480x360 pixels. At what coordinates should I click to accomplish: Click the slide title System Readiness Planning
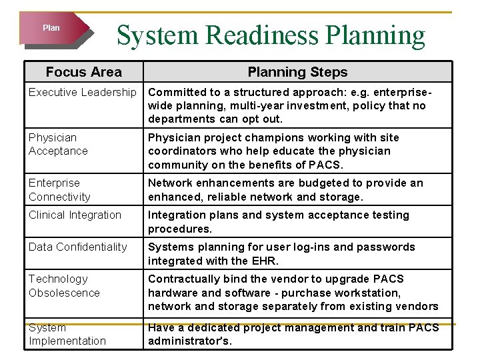[x=271, y=36]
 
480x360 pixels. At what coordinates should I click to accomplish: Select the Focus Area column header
[x=83, y=72]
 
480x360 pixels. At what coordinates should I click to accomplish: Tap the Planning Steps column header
[x=297, y=72]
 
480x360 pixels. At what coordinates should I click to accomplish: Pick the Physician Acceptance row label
[x=59, y=144]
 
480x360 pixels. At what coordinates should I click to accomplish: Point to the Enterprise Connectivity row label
[x=59, y=189]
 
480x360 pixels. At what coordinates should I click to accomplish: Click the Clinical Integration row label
[x=75, y=215]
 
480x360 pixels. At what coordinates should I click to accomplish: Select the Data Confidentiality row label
[x=77, y=247]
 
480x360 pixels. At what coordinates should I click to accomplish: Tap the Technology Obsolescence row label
[x=64, y=285]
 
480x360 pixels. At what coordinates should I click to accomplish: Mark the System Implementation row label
[x=67, y=334]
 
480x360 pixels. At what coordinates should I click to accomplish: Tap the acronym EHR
[x=265, y=261]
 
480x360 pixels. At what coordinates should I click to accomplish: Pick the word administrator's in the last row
[x=189, y=341]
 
